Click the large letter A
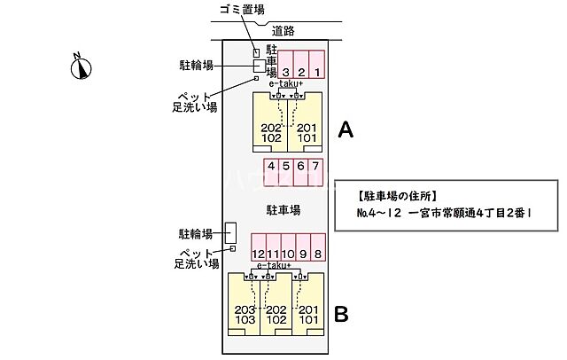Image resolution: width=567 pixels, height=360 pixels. tap(346, 130)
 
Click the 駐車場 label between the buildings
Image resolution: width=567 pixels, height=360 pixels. tap(283, 210)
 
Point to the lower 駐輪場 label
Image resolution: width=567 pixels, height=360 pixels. tap(196, 234)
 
